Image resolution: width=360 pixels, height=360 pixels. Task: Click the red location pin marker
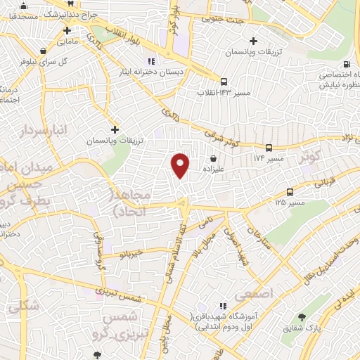coord(181,165)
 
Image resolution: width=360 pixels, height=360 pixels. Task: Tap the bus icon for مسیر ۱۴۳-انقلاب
coord(224,81)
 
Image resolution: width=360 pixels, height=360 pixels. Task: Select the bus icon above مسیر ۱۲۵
coord(290,191)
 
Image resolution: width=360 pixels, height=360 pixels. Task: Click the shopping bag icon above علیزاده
coord(213,158)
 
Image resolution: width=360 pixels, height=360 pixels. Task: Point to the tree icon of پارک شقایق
coord(302,317)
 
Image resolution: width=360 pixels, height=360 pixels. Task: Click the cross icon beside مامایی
coord(67,30)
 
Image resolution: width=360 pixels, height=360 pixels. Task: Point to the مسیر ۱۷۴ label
coord(268,159)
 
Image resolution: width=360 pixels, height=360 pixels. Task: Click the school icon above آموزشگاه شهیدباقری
coord(223,306)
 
